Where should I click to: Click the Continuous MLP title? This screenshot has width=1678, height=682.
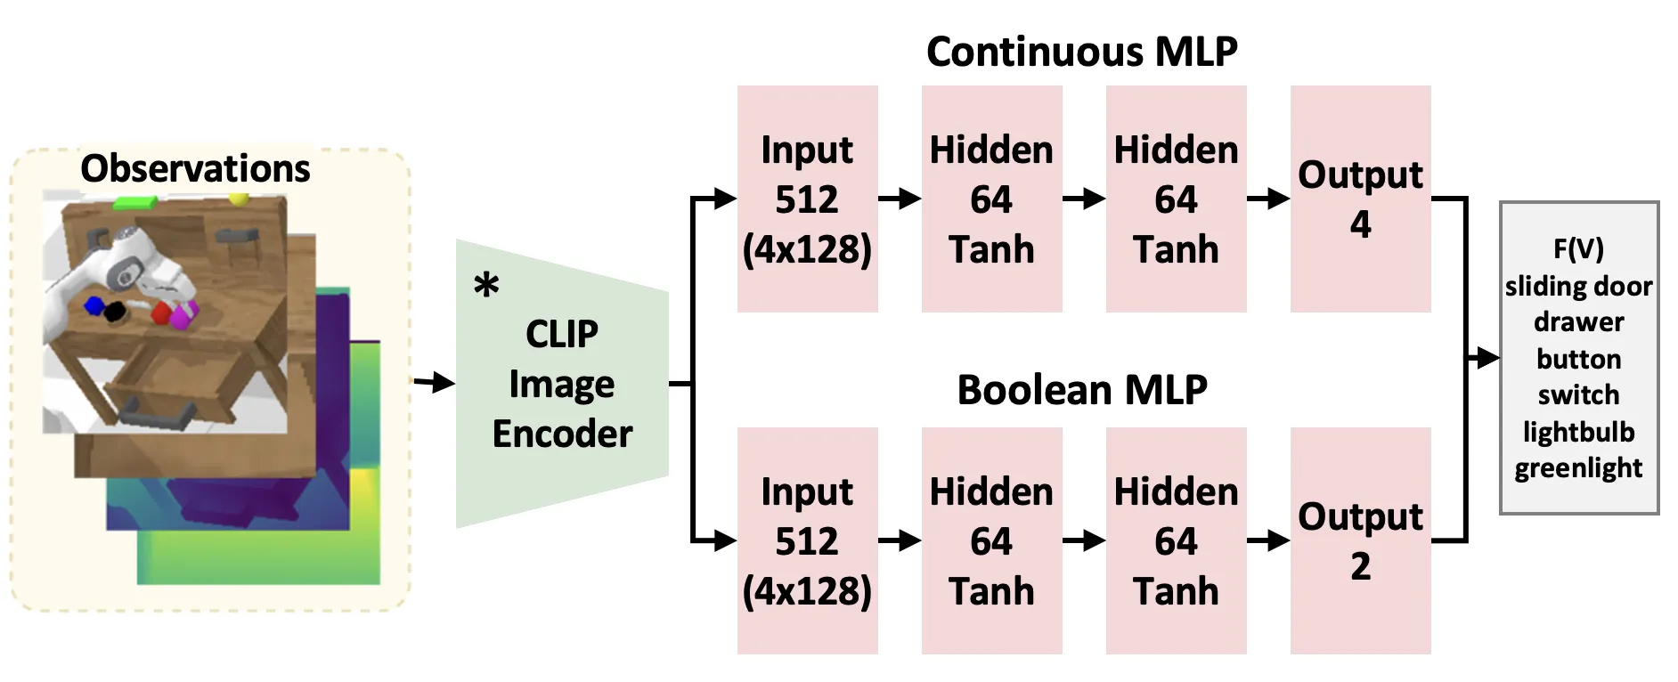pos(1081,52)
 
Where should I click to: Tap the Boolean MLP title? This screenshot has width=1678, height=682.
pos(1081,390)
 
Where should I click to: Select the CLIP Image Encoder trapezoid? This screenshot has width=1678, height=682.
pos(562,383)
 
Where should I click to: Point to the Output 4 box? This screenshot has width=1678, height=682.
pos(1360,199)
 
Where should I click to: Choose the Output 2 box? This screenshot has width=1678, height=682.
pos(1360,540)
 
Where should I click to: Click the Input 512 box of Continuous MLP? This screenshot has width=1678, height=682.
pos(807,199)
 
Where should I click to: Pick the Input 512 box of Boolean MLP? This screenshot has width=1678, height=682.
pos(807,540)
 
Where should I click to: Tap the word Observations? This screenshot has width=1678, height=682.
pos(195,168)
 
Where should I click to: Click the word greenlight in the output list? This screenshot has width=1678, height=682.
pos(1578,468)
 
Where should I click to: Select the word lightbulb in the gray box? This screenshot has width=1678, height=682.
pos(1578,432)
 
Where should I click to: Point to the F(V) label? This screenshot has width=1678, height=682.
pos(1578,248)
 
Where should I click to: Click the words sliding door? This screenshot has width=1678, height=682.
pos(1578,286)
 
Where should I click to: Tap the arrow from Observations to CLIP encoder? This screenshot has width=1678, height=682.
pos(434,383)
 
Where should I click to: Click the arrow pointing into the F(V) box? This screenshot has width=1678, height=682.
pos(1483,358)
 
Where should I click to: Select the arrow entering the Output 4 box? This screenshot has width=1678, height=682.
pos(1268,199)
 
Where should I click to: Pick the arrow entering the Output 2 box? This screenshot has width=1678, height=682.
pos(1268,540)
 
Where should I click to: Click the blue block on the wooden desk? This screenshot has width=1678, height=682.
pos(94,306)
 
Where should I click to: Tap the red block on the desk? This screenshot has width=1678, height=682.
pos(161,313)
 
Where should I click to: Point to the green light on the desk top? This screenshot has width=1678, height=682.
pos(135,203)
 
